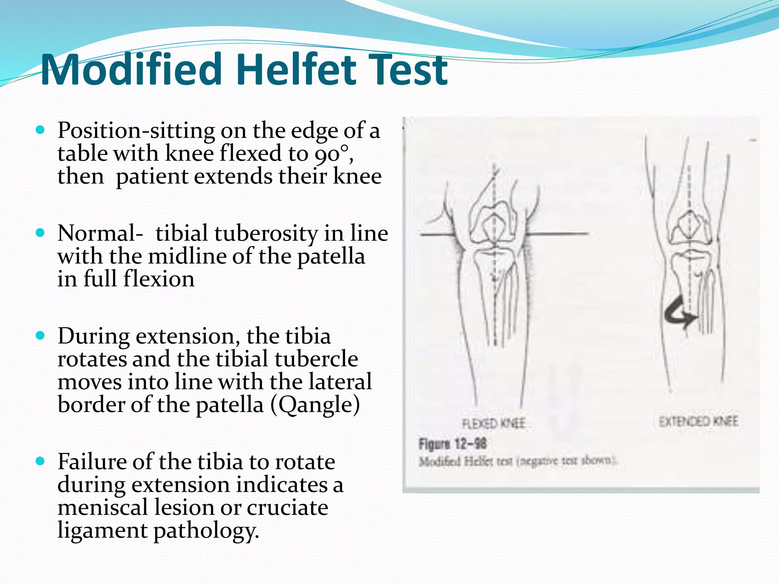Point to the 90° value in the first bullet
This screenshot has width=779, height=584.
[x=332, y=154]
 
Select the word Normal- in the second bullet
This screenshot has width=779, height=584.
[x=100, y=233]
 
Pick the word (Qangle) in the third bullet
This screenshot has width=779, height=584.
[x=315, y=405]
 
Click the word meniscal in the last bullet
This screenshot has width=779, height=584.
[x=102, y=508]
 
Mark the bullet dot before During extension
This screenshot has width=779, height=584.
[x=40, y=336]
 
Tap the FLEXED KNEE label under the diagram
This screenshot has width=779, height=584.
[x=493, y=423]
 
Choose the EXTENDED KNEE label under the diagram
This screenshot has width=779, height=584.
[x=698, y=421]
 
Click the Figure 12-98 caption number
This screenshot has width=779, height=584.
[x=452, y=444]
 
